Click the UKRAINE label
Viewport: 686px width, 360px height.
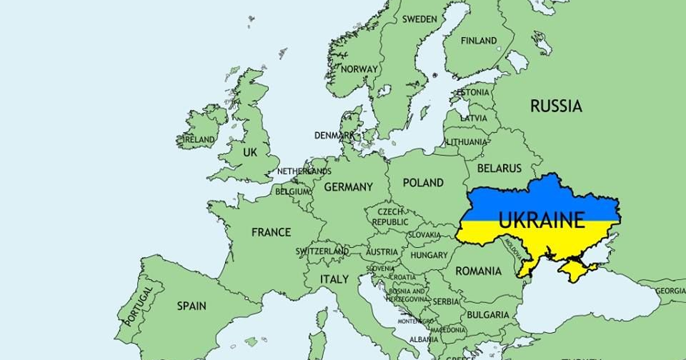541,219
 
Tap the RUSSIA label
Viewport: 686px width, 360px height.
555,106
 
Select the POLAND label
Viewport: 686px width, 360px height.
423,183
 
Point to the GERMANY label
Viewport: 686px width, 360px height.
348,187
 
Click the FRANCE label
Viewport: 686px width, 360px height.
271,232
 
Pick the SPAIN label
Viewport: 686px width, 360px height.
192,306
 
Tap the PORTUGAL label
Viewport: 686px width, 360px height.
139,306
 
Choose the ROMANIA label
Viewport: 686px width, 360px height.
478,271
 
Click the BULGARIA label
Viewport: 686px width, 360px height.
488,315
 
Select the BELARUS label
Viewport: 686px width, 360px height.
499,169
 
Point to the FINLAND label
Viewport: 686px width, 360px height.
479,41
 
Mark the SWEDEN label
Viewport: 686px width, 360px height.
419,19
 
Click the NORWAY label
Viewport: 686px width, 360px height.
359,69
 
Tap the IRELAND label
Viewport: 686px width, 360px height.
199,139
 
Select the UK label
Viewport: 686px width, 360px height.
249,153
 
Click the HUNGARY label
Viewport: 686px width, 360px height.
429,255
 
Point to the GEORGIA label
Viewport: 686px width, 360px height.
670,291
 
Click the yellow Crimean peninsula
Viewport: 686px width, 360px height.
576,270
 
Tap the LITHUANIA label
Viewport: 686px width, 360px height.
466,142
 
